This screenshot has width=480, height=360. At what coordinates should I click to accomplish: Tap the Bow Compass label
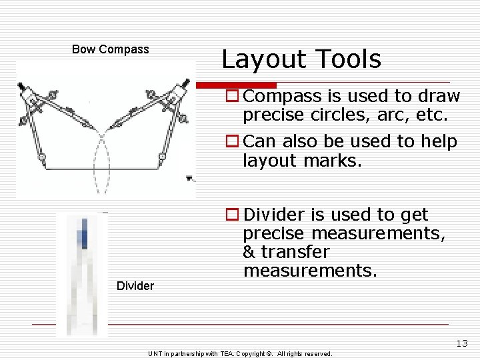[111, 49]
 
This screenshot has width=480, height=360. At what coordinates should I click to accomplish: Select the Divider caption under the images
[135, 286]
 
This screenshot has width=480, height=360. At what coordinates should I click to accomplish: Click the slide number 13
[462, 344]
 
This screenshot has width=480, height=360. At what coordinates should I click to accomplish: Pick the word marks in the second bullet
[333, 160]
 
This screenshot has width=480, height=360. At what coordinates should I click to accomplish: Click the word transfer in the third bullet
[295, 252]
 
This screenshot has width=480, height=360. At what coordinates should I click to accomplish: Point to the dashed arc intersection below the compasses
[102, 137]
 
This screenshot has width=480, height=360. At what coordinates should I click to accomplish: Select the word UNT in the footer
[155, 354]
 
